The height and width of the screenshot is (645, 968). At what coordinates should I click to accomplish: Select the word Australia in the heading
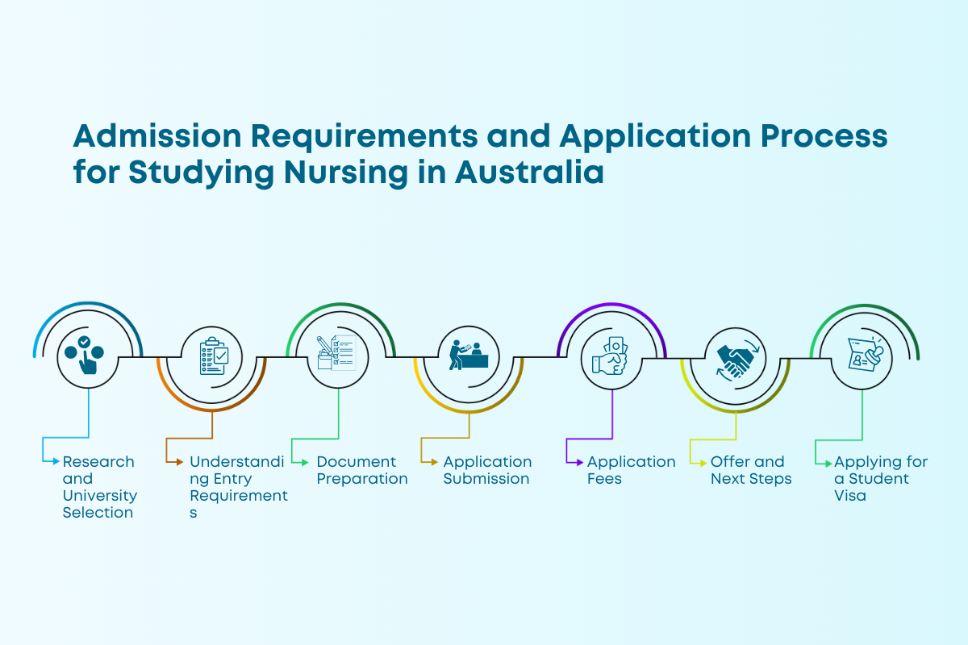(528, 173)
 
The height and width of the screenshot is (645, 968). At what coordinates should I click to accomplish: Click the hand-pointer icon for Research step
(88, 356)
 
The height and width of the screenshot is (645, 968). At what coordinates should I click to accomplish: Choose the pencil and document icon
(337, 356)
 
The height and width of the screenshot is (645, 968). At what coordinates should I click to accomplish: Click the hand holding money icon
(611, 356)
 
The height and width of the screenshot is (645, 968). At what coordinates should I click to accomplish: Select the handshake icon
(735, 356)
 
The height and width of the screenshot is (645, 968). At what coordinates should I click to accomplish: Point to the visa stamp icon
(863, 356)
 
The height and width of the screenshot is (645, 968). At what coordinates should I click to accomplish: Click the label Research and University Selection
(99, 487)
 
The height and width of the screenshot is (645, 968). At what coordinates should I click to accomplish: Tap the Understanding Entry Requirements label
(238, 487)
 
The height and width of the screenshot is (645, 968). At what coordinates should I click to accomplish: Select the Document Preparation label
(361, 470)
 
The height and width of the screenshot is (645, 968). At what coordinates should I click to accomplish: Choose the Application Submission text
(487, 470)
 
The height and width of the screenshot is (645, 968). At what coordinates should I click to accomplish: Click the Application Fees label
(631, 470)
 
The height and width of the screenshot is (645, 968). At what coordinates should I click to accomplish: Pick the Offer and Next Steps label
(750, 470)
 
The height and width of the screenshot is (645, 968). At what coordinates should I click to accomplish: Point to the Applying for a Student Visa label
(880, 478)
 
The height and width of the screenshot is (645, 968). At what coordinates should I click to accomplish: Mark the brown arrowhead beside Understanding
(180, 462)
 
